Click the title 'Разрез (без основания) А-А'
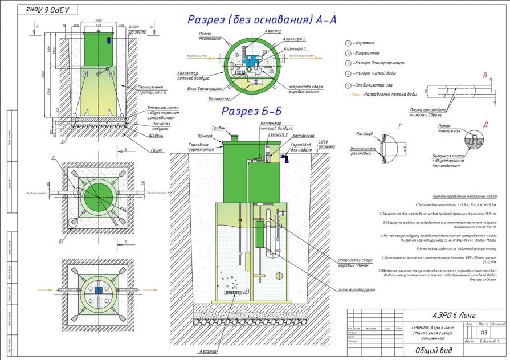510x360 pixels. click(x=262, y=20)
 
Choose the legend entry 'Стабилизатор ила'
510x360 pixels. click(x=373, y=85)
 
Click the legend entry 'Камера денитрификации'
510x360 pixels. click(x=378, y=63)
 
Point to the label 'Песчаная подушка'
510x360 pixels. click(x=148, y=126)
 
